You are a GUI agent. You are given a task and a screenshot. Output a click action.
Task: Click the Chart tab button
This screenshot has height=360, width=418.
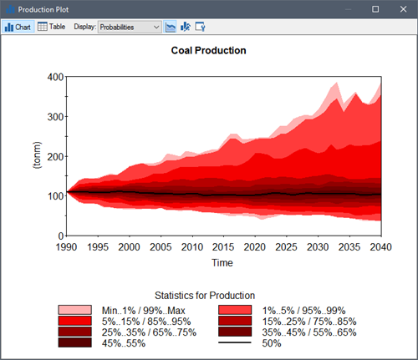(18, 27)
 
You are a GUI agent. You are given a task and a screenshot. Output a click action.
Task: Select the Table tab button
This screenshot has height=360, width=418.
(52, 27)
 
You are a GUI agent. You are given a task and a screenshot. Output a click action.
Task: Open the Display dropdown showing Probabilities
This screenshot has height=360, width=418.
(130, 27)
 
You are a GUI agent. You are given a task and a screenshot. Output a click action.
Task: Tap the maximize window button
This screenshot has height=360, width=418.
(375, 8)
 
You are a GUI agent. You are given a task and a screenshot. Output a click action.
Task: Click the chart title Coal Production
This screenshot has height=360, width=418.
(208, 50)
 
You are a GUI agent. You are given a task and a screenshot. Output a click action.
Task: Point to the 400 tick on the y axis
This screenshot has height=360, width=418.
(54, 77)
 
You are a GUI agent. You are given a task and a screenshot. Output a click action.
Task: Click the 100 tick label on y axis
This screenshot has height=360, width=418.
(54, 197)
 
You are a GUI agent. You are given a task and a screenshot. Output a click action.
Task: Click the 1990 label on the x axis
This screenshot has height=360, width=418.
(67, 248)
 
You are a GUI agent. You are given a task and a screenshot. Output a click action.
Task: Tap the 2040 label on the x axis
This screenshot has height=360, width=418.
(381, 248)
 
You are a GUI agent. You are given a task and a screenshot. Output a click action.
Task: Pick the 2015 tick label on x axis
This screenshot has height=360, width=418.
(224, 248)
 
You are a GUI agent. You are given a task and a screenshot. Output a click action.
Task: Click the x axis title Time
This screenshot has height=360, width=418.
(222, 263)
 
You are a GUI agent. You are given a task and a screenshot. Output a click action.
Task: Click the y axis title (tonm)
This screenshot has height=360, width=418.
(36, 156)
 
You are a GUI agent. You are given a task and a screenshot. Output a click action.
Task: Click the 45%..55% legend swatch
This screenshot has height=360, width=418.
(74, 342)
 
